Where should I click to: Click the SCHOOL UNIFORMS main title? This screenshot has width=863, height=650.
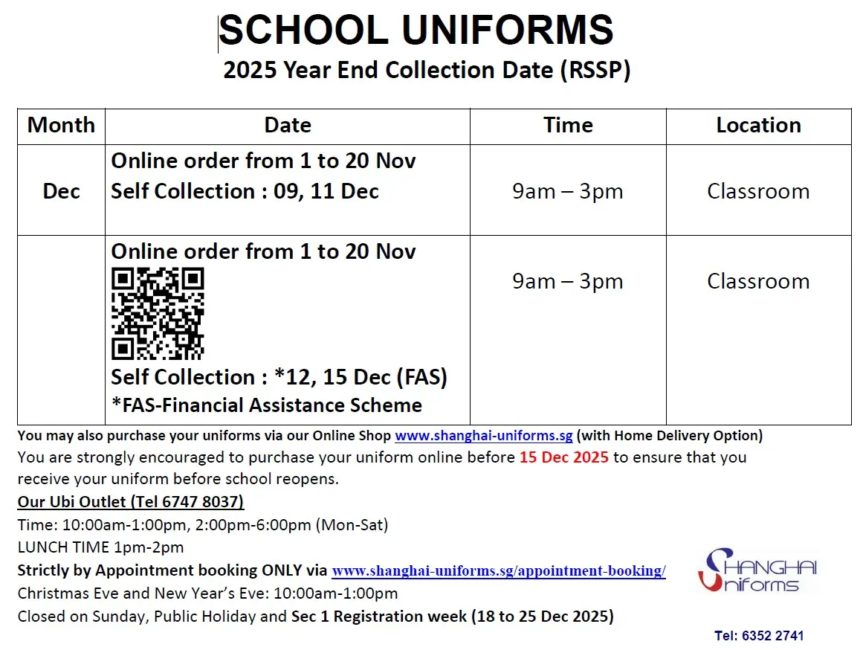click(x=416, y=31)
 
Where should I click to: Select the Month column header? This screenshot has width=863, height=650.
click(x=61, y=125)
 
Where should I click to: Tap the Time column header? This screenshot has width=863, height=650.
click(x=568, y=125)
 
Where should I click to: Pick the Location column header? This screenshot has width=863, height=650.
click(x=758, y=125)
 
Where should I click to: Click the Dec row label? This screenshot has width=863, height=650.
click(x=61, y=191)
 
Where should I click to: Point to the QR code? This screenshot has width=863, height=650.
click(x=158, y=314)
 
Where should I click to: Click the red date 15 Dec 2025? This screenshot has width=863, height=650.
click(x=563, y=457)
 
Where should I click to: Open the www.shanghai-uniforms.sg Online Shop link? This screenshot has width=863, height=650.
click(x=483, y=436)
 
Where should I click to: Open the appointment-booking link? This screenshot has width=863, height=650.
click(x=498, y=571)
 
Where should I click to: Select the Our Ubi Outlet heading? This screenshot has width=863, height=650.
click(x=131, y=501)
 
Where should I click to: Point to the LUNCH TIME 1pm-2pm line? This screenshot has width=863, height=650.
click(x=100, y=548)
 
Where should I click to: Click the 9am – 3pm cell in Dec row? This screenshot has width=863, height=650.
click(x=567, y=191)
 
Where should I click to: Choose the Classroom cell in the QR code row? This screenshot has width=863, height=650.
click(x=758, y=281)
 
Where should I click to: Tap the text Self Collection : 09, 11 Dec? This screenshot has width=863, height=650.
click(x=245, y=191)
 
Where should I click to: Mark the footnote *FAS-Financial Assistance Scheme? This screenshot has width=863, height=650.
click(x=266, y=405)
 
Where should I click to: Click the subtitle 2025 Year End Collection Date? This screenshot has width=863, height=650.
click(x=427, y=70)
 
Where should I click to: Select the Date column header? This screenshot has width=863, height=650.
click(x=287, y=125)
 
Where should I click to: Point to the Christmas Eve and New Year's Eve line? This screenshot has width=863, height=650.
click(x=207, y=593)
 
